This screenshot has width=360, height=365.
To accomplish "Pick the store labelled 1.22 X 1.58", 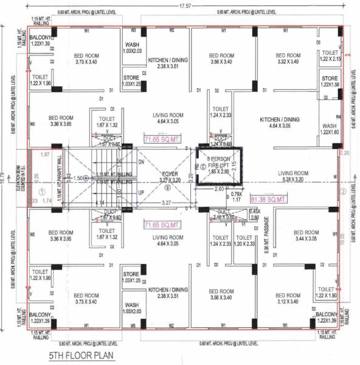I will tap(330, 82).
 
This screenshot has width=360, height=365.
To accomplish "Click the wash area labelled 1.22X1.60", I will tap(330, 130).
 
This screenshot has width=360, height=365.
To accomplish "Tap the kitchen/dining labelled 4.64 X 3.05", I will tap(277, 122).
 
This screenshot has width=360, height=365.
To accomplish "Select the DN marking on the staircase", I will tap(142, 162).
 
